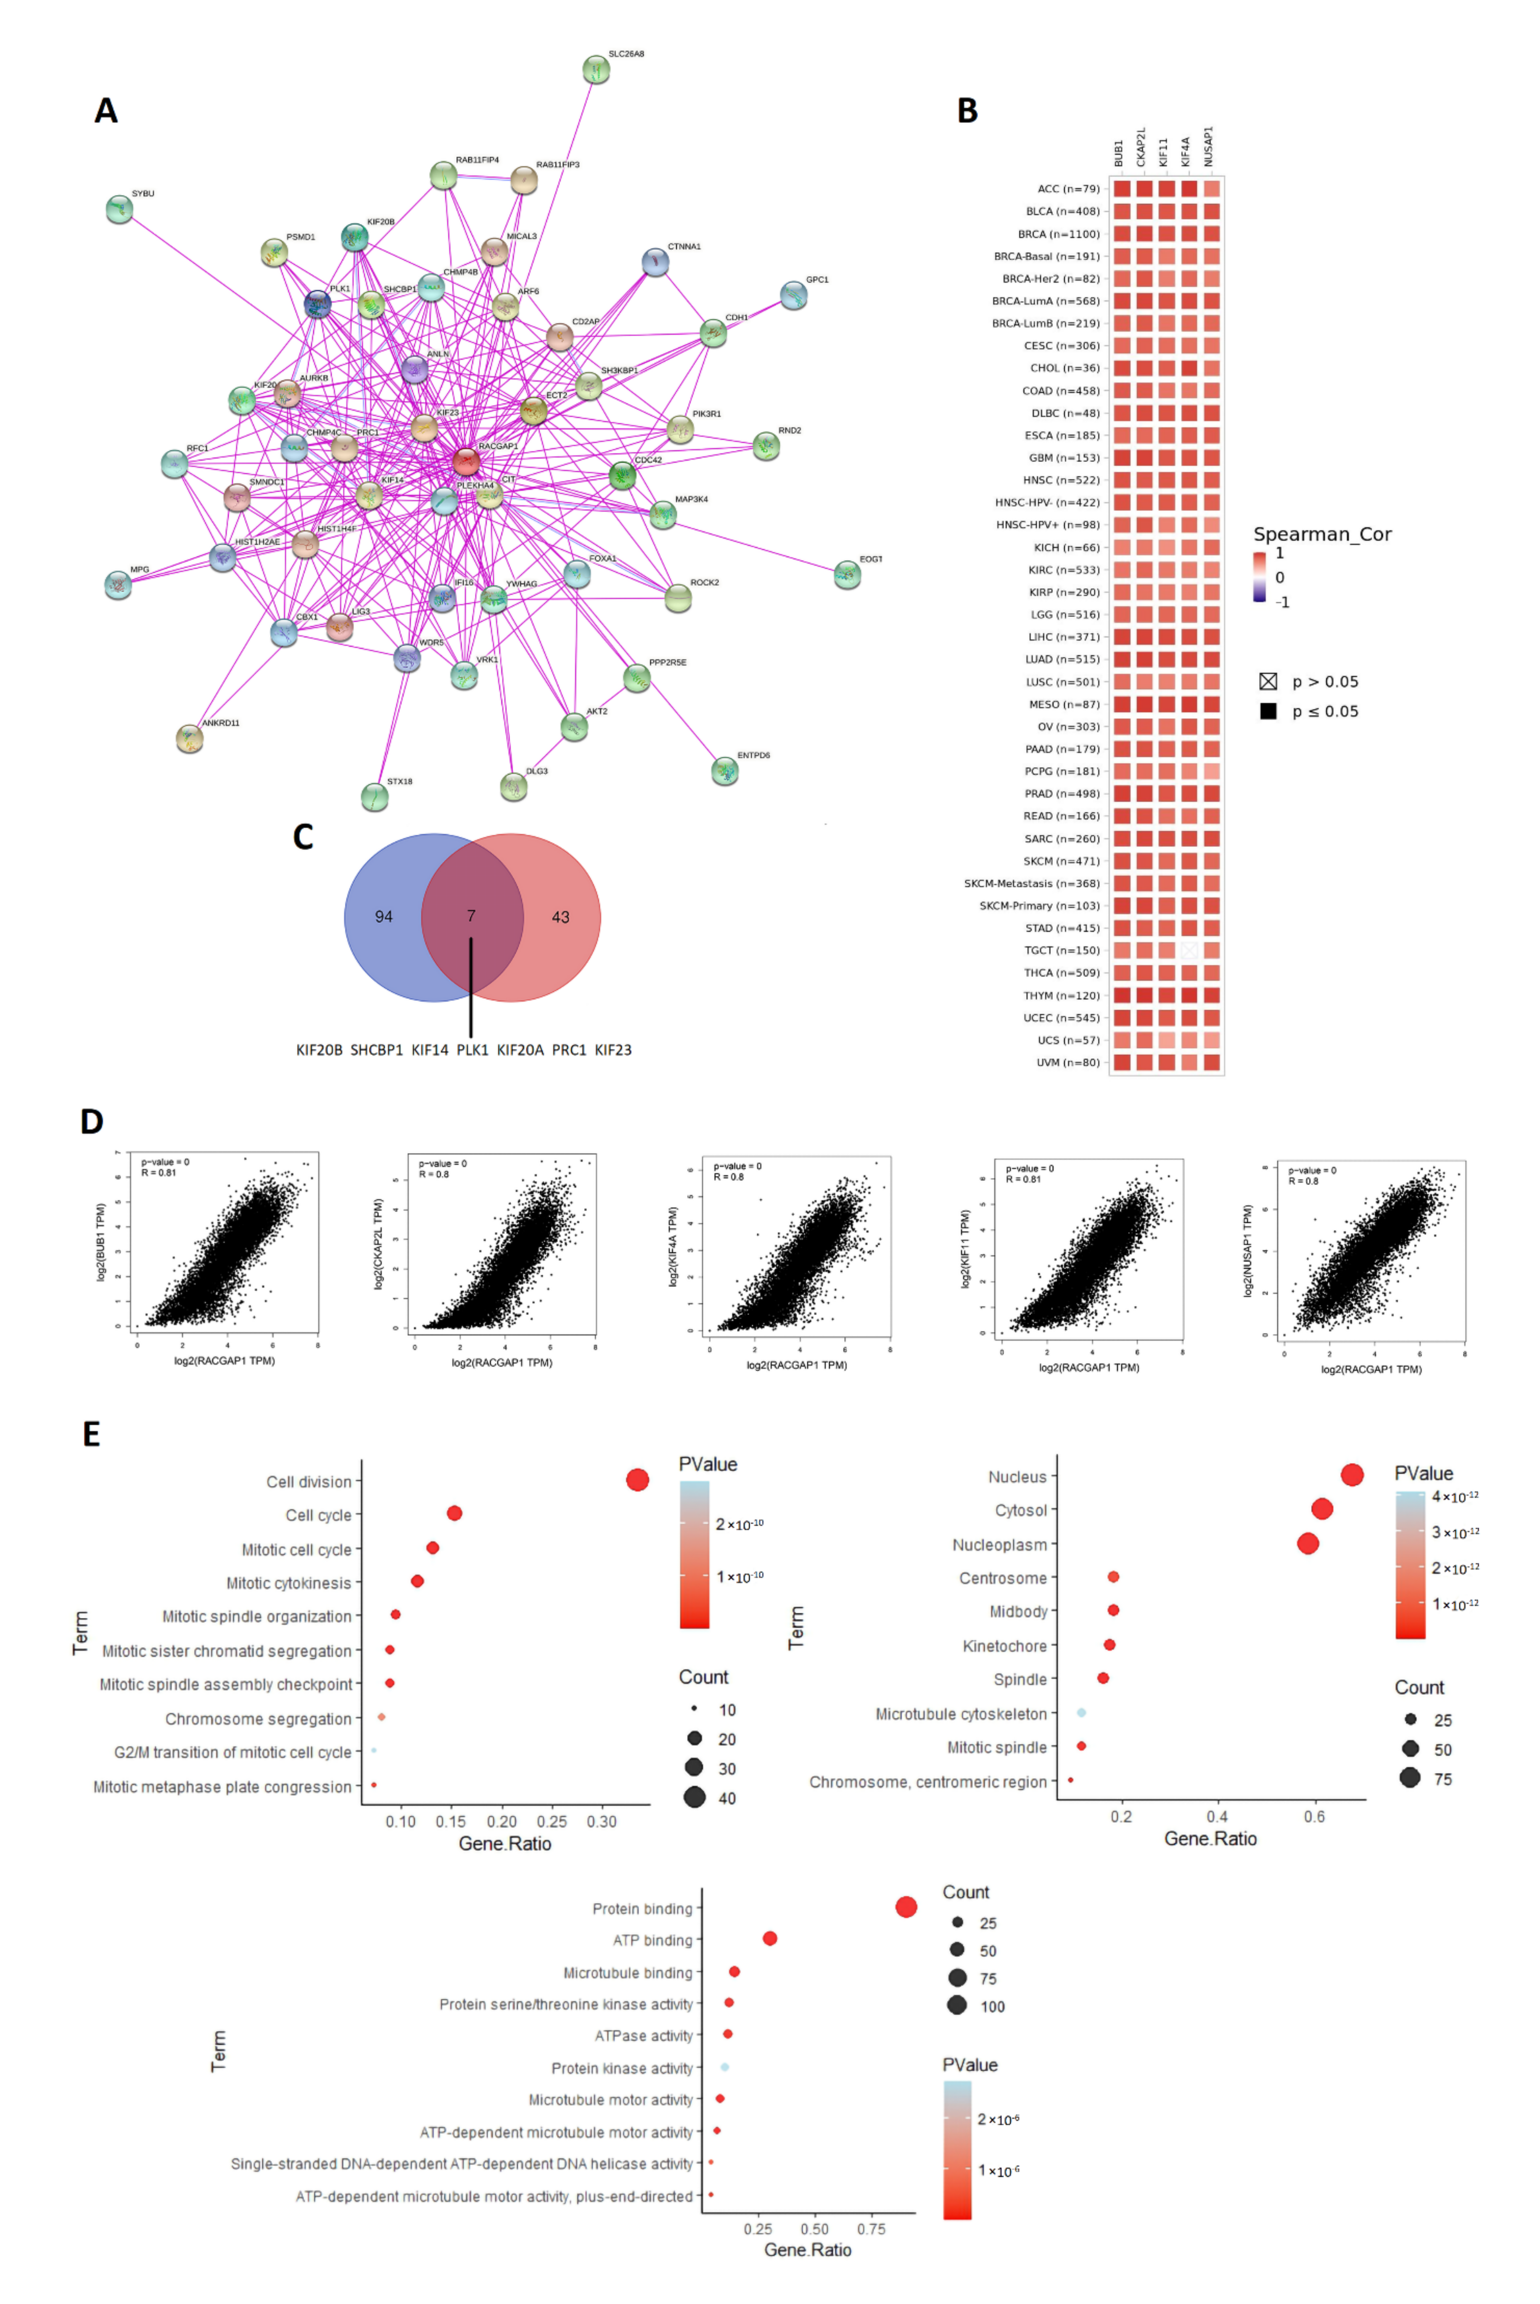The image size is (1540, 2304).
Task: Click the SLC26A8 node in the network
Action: click(595, 70)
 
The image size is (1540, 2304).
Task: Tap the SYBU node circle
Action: click(119, 209)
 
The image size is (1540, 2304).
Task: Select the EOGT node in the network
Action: click(846, 575)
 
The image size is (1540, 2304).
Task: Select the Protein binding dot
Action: click(906, 1906)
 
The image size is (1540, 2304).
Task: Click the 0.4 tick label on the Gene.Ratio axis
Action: click(1217, 1817)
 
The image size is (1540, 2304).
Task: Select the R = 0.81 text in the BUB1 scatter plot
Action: click(159, 1173)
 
